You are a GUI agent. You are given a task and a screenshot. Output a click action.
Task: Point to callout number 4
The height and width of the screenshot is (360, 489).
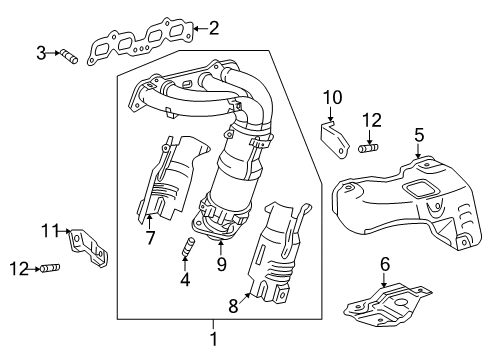(x=185, y=281)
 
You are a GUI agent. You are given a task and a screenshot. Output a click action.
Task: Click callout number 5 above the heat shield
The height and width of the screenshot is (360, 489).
(x=419, y=133)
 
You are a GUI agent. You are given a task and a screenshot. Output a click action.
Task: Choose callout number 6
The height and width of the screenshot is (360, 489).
(x=384, y=264)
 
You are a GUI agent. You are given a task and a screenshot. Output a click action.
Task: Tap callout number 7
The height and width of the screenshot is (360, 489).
(x=151, y=237)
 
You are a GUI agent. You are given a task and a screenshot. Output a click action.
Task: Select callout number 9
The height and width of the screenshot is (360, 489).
(x=221, y=266)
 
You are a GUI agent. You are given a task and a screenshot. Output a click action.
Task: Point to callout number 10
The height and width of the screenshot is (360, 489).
(x=332, y=97)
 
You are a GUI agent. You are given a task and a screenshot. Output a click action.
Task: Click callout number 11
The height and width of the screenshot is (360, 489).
(x=50, y=232)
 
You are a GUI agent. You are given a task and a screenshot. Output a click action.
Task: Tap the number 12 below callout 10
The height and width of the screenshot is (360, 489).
(x=372, y=120)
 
